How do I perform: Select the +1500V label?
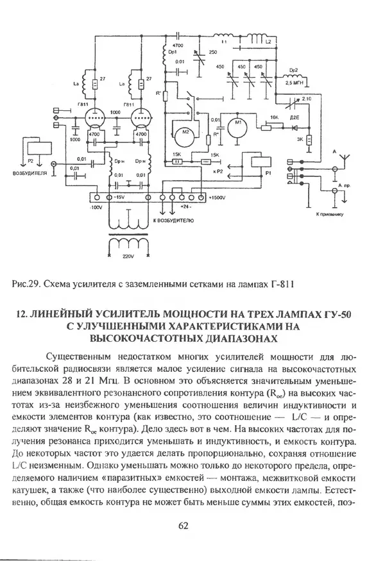pos(218,198)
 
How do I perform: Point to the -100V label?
pos(96,208)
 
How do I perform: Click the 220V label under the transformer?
pos(126,256)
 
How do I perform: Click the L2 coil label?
pos(269,40)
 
